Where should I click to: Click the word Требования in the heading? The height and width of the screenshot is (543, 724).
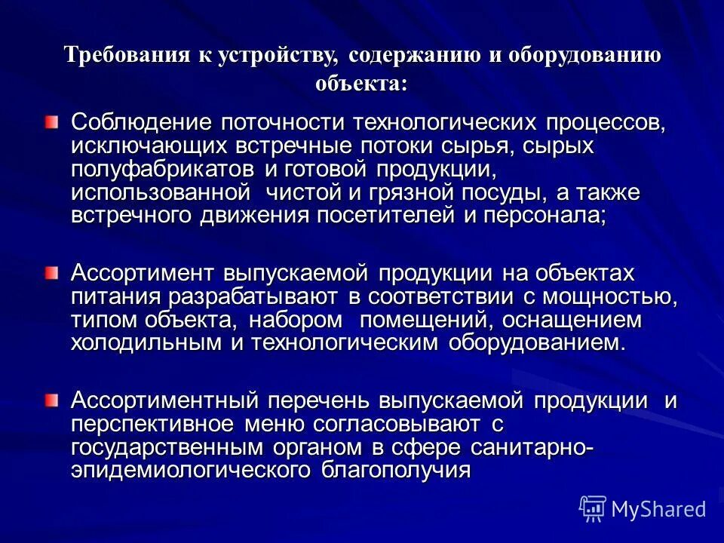(x=114, y=56)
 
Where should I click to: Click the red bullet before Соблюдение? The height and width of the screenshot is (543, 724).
(x=51, y=121)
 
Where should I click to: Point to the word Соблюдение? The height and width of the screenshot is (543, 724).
(x=140, y=122)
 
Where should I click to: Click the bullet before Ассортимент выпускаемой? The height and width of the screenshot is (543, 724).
(x=51, y=271)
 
